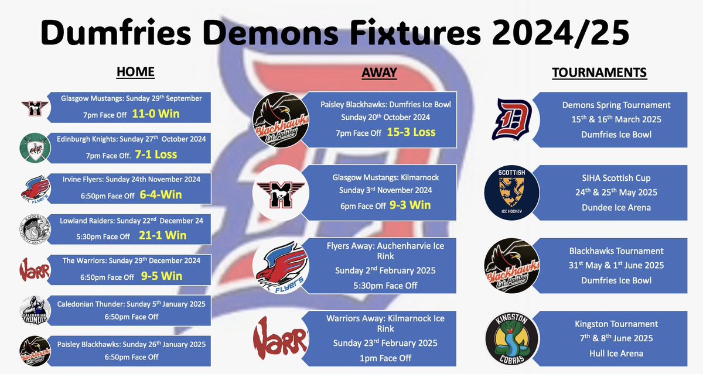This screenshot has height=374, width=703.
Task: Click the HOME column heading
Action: [x=135, y=72]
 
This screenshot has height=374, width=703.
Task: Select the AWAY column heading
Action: [x=379, y=73]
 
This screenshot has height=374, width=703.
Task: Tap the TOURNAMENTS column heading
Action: [x=599, y=73]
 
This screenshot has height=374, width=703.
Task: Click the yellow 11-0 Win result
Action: [x=156, y=114]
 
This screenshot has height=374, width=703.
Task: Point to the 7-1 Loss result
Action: [x=156, y=155]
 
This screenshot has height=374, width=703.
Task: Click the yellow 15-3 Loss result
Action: [x=411, y=132]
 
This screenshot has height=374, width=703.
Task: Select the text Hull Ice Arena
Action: [x=617, y=353]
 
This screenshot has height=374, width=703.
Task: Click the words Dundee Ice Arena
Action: [x=617, y=207]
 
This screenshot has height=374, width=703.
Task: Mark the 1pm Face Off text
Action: [x=386, y=358]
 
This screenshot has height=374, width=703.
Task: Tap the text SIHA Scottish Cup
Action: [x=617, y=178]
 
